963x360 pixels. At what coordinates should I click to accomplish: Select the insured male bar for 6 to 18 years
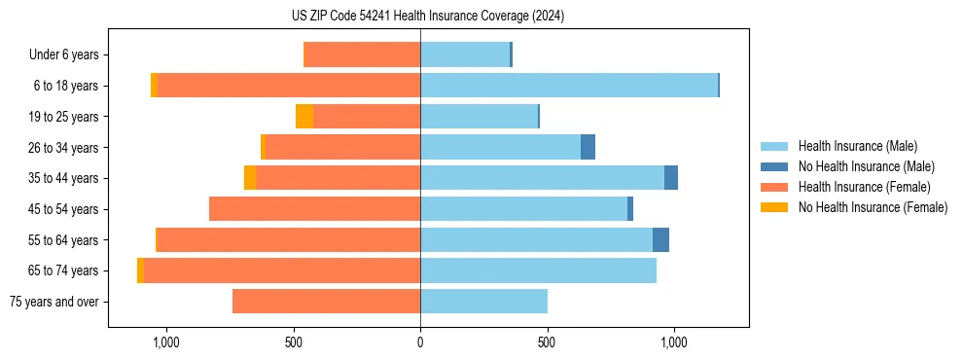(569, 86)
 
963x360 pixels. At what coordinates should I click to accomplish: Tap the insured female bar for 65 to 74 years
(282, 270)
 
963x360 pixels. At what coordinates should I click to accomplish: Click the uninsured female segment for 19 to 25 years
(304, 117)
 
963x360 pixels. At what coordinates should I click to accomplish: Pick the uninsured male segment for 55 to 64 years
(660, 240)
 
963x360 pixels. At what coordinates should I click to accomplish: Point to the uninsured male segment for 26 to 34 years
(588, 148)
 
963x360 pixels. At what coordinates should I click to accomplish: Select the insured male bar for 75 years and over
(483, 302)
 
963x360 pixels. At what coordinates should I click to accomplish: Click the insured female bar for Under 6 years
(362, 54)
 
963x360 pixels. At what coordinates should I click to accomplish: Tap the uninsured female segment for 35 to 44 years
(250, 178)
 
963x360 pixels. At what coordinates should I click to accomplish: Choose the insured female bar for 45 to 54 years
(314, 209)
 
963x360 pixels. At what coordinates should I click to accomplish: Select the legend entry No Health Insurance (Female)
(873, 207)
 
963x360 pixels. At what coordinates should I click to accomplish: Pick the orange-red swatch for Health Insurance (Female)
(773, 187)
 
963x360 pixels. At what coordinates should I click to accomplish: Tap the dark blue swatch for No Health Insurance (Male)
(773, 166)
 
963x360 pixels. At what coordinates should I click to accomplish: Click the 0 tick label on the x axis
(420, 342)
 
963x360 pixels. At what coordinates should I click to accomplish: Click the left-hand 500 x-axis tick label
(294, 342)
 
